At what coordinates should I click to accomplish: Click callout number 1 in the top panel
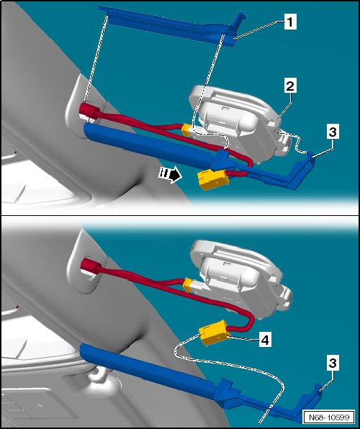point(290,22)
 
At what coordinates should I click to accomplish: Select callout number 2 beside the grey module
point(290,86)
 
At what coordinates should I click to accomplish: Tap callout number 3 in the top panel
point(333,132)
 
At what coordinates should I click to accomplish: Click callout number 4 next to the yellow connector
point(265,340)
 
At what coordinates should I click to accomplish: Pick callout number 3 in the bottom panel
point(333,363)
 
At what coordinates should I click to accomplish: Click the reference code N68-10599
point(329,417)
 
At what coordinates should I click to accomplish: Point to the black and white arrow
point(170,174)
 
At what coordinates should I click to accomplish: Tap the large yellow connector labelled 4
point(214,333)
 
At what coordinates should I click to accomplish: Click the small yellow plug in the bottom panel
point(188,284)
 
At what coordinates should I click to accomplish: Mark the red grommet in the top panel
point(90,110)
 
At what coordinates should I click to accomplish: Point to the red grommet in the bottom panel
point(91,266)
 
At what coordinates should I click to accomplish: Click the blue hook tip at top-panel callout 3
point(311,155)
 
